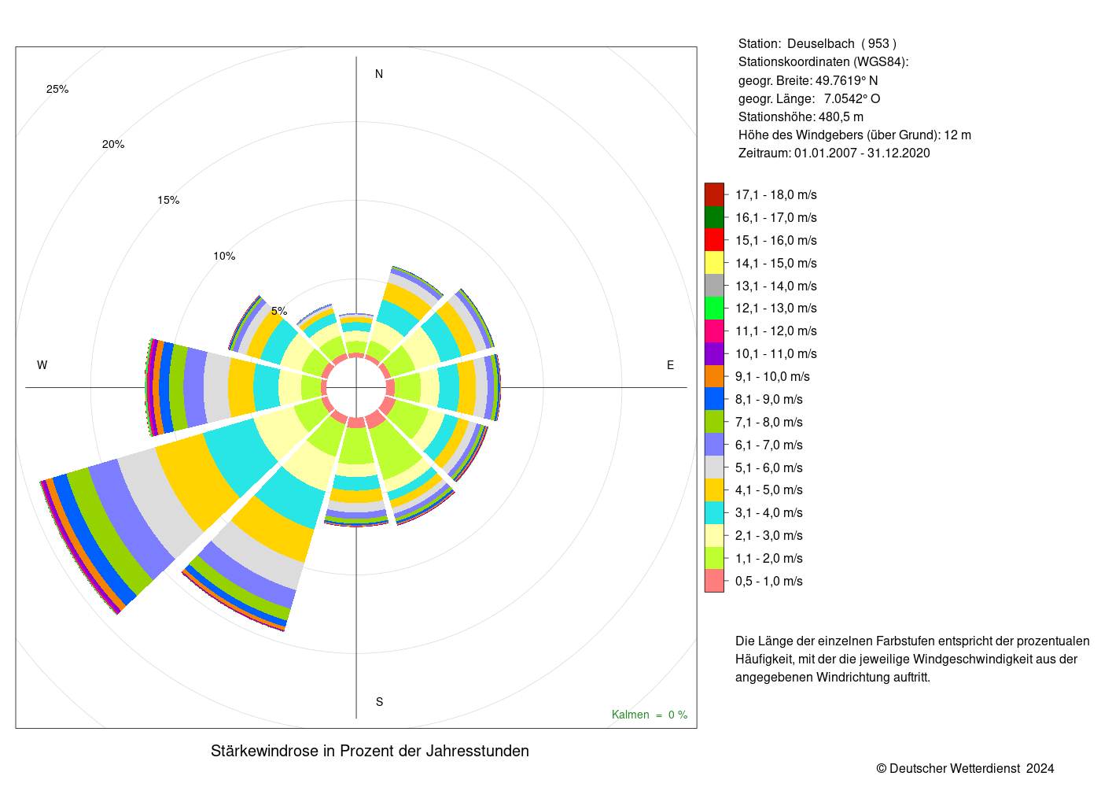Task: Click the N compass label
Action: [x=379, y=74]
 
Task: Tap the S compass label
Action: [x=379, y=702]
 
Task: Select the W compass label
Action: [x=42, y=365]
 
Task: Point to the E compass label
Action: [x=670, y=365]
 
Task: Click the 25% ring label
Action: [x=57, y=90]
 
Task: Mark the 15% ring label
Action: [x=168, y=201]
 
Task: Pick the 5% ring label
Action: [x=279, y=312]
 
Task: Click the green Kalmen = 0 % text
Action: [x=650, y=715]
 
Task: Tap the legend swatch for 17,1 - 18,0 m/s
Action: [x=714, y=195]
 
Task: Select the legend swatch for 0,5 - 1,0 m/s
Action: [x=714, y=581]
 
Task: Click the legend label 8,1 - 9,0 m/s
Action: [x=769, y=400]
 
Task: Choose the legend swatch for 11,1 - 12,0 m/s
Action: [x=714, y=331]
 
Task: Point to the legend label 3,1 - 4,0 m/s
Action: [x=769, y=513]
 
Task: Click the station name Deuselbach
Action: [x=821, y=44]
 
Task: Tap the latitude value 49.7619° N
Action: [x=847, y=80]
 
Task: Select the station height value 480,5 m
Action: [x=841, y=117]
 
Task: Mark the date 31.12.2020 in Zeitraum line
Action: [x=898, y=153]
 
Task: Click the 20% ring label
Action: [x=113, y=145]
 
